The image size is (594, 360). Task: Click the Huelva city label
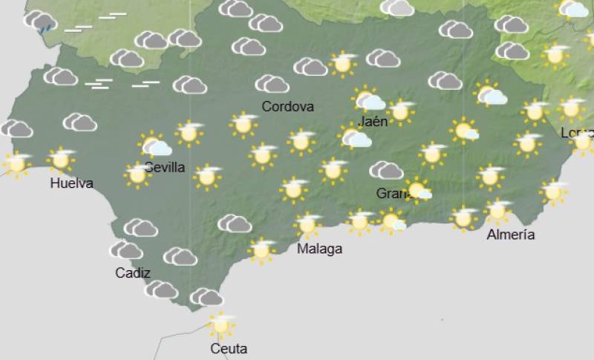pyautogui.click(x=71, y=183)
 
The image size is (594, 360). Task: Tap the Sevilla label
pyautogui.click(x=165, y=167)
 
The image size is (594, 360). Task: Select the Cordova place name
pyautogui.click(x=287, y=106)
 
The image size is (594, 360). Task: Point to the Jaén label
pyautogui.click(x=372, y=121)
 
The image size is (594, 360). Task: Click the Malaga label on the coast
pyautogui.click(x=319, y=249)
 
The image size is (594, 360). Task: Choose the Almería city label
pyautogui.click(x=511, y=235)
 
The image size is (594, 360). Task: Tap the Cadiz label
pyautogui.click(x=133, y=272)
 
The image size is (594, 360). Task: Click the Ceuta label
pyautogui.click(x=228, y=348)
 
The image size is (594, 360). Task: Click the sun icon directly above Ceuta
pyautogui.click(x=220, y=324)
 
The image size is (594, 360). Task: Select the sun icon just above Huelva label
pyautogui.click(x=61, y=159)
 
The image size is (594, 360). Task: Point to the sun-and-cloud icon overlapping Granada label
pyautogui.click(x=418, y=190)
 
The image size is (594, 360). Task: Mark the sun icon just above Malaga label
pyautogui.click(x=307, y=224)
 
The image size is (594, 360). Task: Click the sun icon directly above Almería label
pyautogui.click(x=497, y=211)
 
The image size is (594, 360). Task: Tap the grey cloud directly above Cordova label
pyautogui.click(x=272, y=84)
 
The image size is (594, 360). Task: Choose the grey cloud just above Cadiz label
pyautogui.click(x=127, y=250)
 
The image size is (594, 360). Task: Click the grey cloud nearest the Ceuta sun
pyautogui.click(x=206, y=298)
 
